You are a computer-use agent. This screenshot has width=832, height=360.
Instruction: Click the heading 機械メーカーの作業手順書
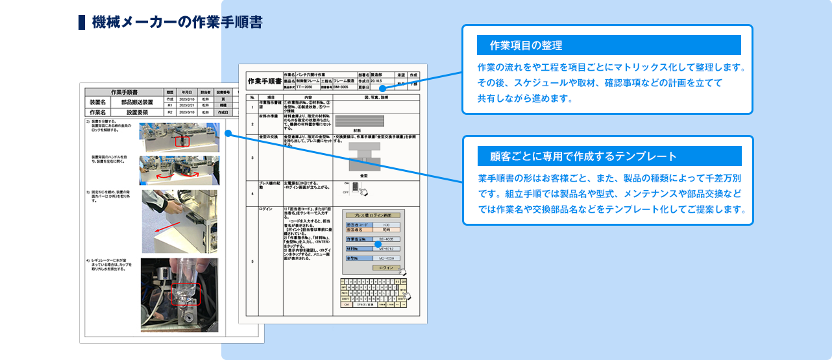pyautogui.click(x=177, y=22)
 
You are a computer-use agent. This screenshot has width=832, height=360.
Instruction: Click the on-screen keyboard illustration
pyautogui.click(x=375, y=293)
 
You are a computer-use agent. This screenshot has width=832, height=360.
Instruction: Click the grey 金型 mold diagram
pyautogui.click(x=363, y=156)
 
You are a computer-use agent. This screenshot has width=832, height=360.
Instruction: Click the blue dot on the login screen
pyautogui.click(x=378, y=244)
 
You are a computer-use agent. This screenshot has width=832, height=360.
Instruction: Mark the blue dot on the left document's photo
pyautogui.click(x=228, y=133)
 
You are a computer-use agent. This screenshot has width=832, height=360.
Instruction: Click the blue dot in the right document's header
pyautogui.click(x=383, y=88)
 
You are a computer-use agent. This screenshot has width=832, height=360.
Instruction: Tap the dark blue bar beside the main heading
pyautogui.click(x=82, y=22)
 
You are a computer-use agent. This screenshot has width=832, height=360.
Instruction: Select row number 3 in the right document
pyautogui.click(x=252, y=158)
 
